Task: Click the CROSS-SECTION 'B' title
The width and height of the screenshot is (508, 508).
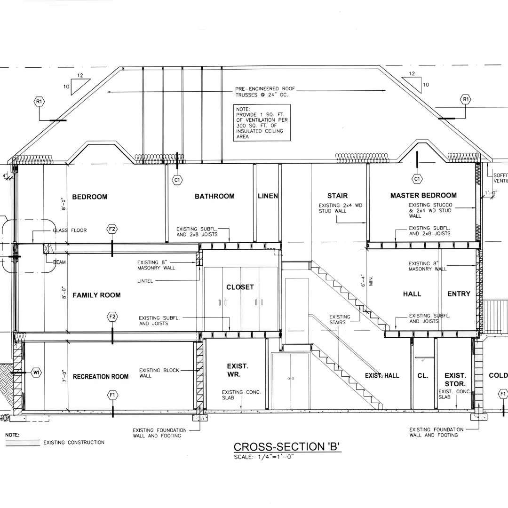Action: [287, 447]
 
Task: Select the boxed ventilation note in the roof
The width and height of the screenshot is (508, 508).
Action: [262, 123]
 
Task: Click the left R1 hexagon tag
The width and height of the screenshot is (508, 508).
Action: [39, 101]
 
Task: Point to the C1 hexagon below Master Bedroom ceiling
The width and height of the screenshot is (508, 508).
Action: [417, 179]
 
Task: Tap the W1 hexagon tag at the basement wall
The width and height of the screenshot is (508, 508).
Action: [36, 373]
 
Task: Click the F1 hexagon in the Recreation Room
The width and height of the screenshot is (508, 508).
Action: [112, 395]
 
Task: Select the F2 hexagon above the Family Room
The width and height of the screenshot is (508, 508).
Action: [112, 229]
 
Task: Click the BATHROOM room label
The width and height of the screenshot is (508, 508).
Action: [214, 196]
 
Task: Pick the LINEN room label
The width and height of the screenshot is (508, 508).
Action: [268, 196]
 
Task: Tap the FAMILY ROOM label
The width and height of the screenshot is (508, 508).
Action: [96, 295]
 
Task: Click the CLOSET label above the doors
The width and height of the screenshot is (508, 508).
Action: [240, 287]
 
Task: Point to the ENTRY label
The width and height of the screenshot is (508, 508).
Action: [459, 294]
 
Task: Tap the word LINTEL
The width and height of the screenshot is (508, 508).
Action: [146, 281]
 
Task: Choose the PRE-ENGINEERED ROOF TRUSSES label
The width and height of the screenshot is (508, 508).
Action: [261, 91]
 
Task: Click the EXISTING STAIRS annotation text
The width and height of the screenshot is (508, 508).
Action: [340, 319]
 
